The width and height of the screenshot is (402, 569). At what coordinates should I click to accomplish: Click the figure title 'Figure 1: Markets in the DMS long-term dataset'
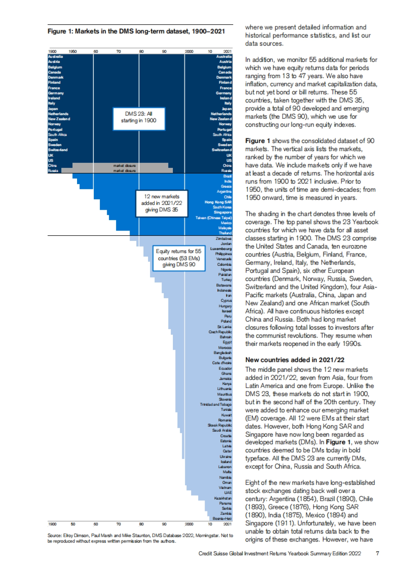(136, 31)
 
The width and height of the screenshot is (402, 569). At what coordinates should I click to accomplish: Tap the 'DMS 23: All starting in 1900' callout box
(139, 117)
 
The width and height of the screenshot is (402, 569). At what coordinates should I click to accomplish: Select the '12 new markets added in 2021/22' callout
(161, 203)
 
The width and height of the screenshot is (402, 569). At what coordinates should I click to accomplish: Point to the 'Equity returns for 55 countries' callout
(179, 258)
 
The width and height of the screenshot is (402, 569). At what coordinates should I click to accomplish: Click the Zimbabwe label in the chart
(223, 239)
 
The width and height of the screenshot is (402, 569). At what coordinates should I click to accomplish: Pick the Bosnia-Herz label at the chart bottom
(222, 518)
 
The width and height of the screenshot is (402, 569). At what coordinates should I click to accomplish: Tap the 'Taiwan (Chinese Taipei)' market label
(214, 218)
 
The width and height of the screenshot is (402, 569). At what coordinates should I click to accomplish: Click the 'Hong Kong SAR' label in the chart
(218, 202)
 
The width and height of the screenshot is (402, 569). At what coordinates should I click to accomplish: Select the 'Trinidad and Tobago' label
(216, 404)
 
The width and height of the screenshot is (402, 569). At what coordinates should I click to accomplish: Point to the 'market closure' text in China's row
(124, 166)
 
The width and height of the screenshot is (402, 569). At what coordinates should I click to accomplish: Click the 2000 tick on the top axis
(189, 52)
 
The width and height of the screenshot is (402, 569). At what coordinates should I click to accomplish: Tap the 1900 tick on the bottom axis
(52, 524)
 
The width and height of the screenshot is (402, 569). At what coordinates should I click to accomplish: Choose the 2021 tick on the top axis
(227, 52)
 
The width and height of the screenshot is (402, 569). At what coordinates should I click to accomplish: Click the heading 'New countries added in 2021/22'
(294, 360)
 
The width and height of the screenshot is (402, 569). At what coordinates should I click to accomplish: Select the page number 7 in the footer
(378, 553)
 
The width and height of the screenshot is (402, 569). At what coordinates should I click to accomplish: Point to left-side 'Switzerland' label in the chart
(58, 150)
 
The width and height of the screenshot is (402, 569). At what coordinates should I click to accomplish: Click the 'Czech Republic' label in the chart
(220, 332)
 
